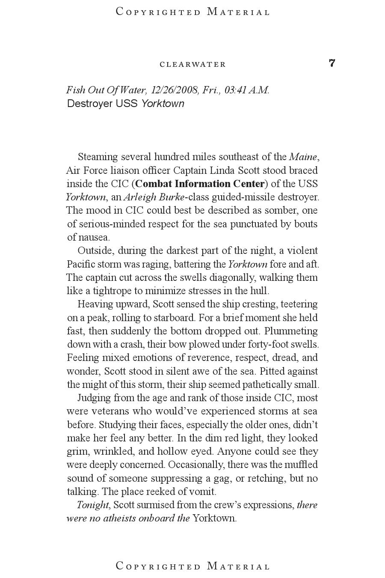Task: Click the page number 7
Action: (x=332, y=63)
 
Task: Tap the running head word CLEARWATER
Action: (x=192, y=65)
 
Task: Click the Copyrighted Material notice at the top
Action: (x=192, y=12)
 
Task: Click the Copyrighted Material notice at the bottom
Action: (x=192, y=566)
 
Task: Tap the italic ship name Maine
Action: (x=303, y=157)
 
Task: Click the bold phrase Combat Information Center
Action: (x=200, y=184)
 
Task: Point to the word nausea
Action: (x=95, y=237)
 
